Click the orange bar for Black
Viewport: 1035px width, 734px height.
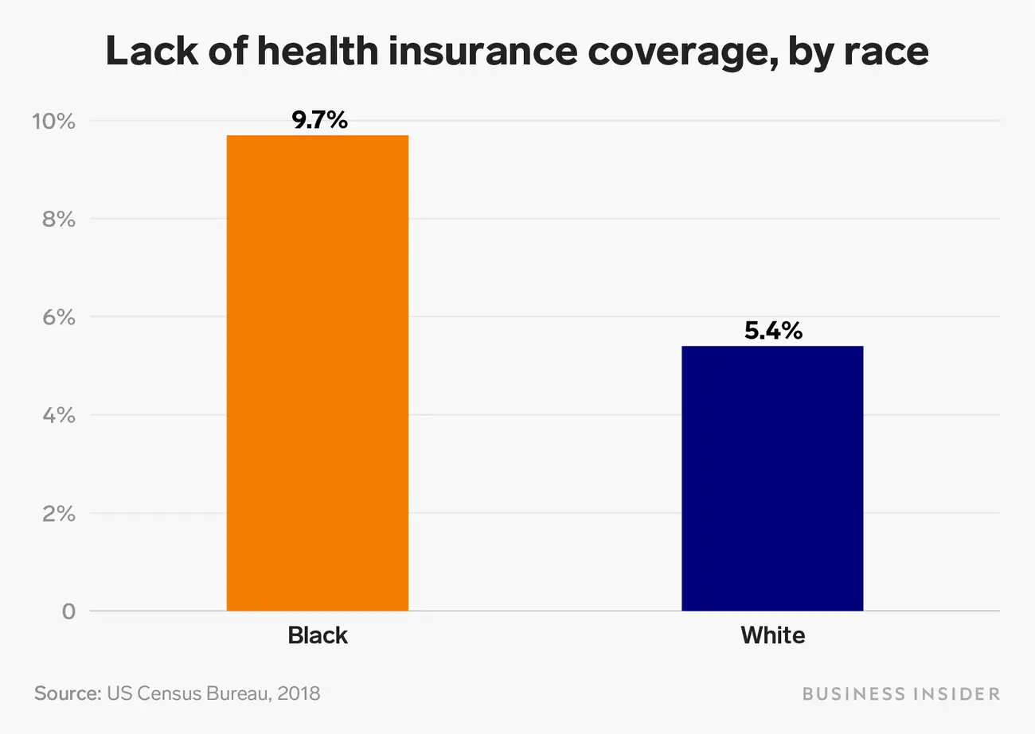click(x=318, y=373)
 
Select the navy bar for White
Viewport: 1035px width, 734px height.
click(x=772, y=478)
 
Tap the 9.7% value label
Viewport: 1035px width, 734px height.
click(x=319, y=121)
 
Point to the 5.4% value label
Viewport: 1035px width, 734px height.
click(x=773, y=331)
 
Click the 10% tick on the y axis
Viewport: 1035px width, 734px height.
click(x=53, y=122)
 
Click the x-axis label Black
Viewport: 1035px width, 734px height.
click(x=318, y=636)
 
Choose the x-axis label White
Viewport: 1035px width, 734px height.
click(x=772, y=636)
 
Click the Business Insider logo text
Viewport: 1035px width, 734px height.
click(x=900, y=693)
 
